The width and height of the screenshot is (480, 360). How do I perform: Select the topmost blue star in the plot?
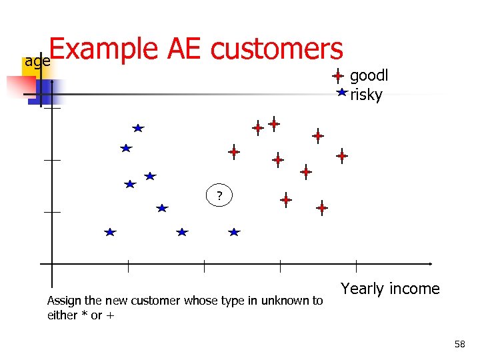coord(137,127)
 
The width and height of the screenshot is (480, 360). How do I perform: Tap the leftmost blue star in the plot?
coord(110,232)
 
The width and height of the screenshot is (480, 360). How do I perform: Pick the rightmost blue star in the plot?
coord(233,232)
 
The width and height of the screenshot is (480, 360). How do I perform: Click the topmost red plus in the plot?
coord(273,123)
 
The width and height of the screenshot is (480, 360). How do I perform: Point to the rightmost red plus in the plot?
coord(341,156)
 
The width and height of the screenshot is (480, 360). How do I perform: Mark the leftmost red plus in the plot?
coord(233,152)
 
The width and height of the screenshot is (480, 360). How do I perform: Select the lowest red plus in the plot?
coord(321,208)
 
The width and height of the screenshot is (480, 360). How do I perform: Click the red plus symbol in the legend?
coord(338,77)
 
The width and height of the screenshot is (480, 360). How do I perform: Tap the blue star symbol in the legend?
coord(341,93)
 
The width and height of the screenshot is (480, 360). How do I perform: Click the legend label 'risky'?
coord(366,95)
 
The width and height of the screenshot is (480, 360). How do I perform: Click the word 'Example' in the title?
coord(104,49)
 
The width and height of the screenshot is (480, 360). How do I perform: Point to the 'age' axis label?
coord(37,61)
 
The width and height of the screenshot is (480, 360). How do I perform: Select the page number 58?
coord(459,344)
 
